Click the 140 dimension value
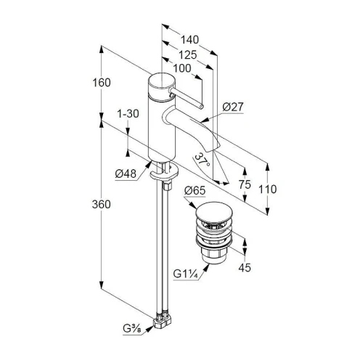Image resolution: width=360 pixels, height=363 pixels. [x=189, y=40]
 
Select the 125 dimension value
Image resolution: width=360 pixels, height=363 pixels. [x=188, y=55]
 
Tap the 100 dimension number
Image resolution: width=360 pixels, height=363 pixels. [x=182, y=68]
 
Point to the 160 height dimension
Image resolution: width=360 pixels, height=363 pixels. [x=102, y=83]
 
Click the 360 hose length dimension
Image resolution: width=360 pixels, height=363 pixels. [x=102, y=205]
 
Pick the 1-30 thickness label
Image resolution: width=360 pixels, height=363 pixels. [x=128, y=113]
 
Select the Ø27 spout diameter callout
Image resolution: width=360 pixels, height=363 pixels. [x=233, y=107]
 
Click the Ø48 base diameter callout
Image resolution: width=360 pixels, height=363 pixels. [x=126, y=174]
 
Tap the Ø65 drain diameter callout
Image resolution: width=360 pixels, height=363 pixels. [x=195, y=190]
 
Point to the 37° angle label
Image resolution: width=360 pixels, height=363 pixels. [x=202, y=160]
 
